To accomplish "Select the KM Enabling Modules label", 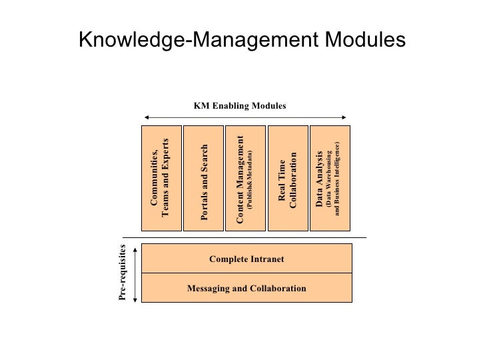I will (x=240, y=105).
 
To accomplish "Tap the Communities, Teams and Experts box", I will (x=162, y=177).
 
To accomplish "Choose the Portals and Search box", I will (x=205, y=177).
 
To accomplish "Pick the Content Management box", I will (x=245, y=177).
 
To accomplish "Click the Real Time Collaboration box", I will (x=287, y=177).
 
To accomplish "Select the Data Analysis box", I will (x=328, y=177).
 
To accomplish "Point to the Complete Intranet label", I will (x=246, y=259).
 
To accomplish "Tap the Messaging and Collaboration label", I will (x=246, y=289).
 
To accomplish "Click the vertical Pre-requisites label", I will (x=123, y=274).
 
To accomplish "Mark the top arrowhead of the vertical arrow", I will (x=135, y=247).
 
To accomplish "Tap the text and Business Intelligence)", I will (x=338, y=179).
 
